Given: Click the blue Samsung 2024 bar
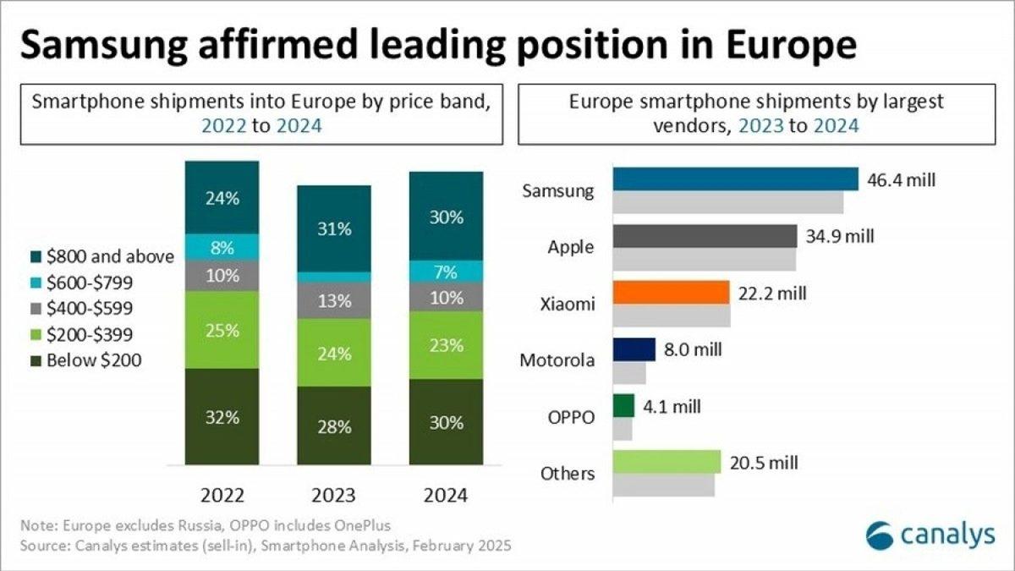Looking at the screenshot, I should [736, 178].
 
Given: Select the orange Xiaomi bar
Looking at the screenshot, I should [671, 293].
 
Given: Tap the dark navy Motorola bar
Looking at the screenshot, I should [634, 349].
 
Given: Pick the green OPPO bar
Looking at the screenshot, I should [623, 406].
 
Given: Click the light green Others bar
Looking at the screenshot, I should [667, 462].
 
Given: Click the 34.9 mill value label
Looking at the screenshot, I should [840, 235].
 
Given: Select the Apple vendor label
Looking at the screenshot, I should [571, 247].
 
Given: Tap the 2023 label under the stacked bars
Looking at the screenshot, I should [332, 495].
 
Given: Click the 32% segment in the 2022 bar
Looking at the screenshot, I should [222, 416].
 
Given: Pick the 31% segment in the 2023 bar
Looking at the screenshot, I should [333, 229].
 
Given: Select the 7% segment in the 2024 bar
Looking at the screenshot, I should [446, 272].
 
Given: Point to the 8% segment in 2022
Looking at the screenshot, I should [222, 248].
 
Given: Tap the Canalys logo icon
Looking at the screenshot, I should [881, 535].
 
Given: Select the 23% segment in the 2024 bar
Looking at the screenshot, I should [446, 345].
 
